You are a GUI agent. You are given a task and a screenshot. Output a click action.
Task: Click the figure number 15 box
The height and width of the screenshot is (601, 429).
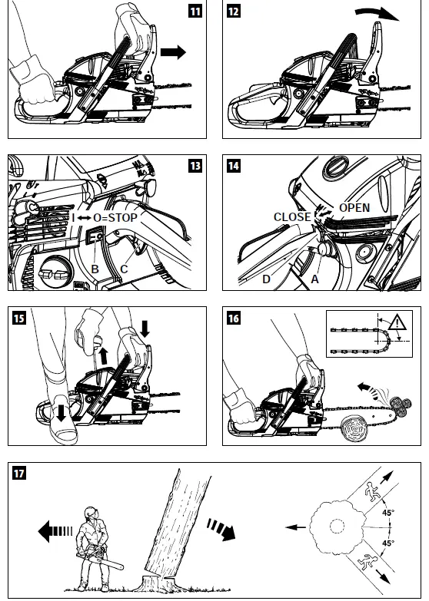17,315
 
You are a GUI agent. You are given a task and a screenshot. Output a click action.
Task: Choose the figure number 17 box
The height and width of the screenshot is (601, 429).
17,470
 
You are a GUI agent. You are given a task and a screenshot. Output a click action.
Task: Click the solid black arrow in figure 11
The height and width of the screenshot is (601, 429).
174,52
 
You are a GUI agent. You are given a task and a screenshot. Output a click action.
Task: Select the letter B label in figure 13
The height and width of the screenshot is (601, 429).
95,269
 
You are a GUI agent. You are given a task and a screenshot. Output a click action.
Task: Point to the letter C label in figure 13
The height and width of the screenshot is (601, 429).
124,269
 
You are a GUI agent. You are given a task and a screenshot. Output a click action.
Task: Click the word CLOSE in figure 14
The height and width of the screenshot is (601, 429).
291,217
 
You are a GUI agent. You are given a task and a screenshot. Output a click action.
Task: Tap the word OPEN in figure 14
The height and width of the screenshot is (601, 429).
354,208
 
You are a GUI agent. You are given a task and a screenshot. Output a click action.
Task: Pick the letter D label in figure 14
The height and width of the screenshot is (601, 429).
266,279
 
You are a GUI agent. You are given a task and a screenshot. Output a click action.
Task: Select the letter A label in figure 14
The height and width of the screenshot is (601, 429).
313,279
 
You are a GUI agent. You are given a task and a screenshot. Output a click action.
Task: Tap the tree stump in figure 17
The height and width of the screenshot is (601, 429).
154,579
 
